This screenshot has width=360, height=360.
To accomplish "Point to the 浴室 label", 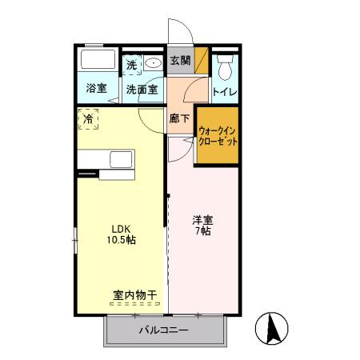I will tap(97, 88).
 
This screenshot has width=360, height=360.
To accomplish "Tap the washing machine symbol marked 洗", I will tap(132, 63).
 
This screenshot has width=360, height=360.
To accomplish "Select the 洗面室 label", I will tap(143, 88).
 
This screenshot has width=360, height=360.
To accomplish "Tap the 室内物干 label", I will tap(134, 295).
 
